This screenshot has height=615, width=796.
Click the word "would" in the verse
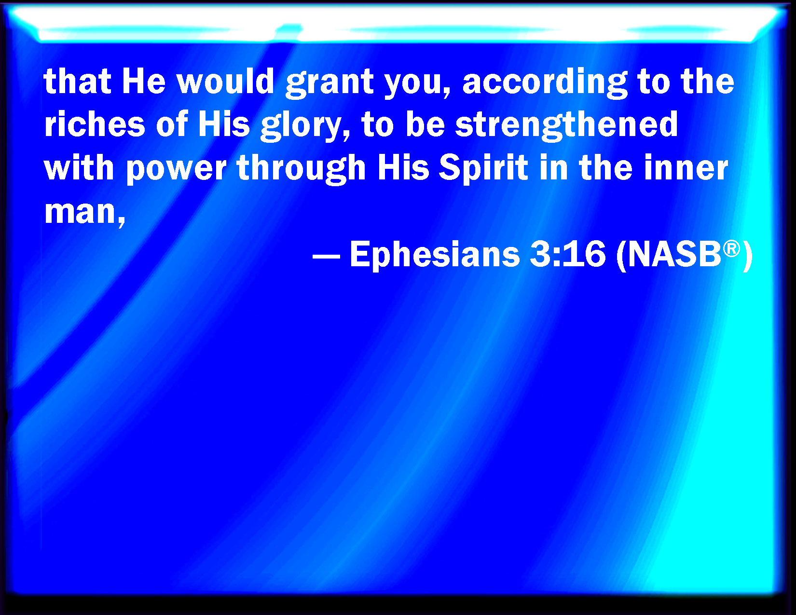pyautogui.click(x=226, y=81)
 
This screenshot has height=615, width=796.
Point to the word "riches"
pyautogui.click(x=95, y=124)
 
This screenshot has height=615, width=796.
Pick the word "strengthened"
pyautogui.click(x=566, y=126)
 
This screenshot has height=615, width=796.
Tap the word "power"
pyautogui.click(x=176, y=170)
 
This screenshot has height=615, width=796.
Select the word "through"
pyautogui.click(x=301, y=170)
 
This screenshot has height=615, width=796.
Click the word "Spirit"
pyautogui.click(x=483, y=169)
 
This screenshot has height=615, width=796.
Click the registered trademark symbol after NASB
pyautogui.click(x=731, y=248)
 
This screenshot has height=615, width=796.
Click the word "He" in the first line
pyautogui.click(x=144, y=81)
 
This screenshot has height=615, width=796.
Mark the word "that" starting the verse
pyautogui.click(x=77, y=81)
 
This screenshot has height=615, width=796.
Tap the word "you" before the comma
pyautogui.click(x=413, y=84)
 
